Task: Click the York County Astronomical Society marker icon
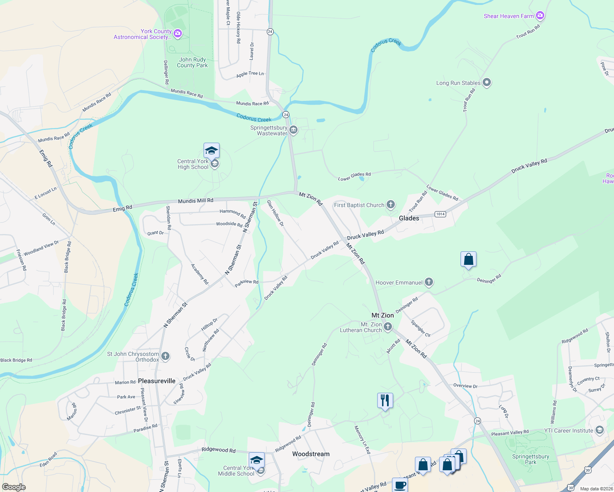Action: tap(178, 34)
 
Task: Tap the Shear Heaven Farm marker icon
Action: tap(540, 16)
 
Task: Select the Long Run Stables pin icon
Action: tap(487, 82)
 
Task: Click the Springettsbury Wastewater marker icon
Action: tap(293, 130)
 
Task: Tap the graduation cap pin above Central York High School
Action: tap(211, 150)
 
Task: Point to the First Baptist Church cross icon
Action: tap(391, 205)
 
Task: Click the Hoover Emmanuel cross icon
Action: tap(429, 282)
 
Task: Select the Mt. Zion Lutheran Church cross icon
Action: tap(388, 327)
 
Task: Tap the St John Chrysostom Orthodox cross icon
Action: tap(165, 356)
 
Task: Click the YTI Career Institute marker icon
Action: tap(600, 430)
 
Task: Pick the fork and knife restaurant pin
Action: tap(385, 400)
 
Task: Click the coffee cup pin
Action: tap(400, 485)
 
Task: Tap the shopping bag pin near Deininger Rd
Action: tap(468, 260)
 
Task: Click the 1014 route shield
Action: tap(440, 214)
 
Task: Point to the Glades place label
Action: tap(409, 218)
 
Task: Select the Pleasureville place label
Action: tap(157, 381)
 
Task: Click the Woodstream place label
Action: tap(311, 454)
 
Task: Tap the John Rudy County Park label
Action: tap(192, 62)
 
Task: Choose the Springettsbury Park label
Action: tap(530, 459)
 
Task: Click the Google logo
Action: tap(14, 487)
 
